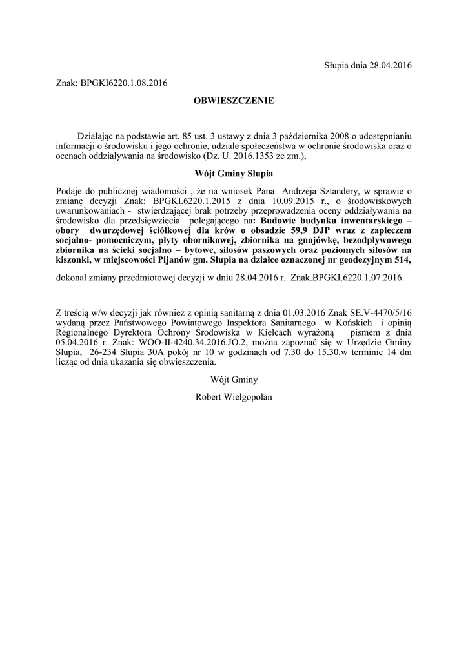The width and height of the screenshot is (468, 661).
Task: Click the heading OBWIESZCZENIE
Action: (x=234, y=101)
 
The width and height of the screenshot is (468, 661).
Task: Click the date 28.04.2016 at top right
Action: (x=389, y=65)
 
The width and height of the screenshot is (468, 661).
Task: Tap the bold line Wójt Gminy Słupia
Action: (x=234, y=174)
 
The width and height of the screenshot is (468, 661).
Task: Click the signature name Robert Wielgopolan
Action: (x=234, y=396)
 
